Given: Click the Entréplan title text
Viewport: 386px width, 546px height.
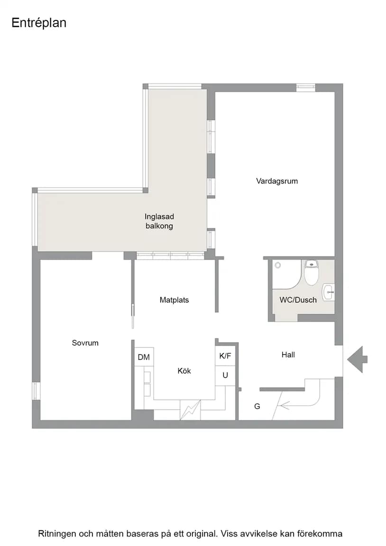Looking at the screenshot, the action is point(39,23).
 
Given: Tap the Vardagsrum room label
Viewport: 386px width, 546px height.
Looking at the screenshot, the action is point(277,181).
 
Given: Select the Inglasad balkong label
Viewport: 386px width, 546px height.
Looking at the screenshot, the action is point(159,221).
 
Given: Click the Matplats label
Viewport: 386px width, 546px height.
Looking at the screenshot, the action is point(174,300).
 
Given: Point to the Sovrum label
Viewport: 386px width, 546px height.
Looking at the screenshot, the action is point(85,343).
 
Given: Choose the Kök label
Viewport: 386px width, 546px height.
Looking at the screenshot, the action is point(184,371).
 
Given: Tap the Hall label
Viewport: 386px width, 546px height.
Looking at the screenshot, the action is point(288,355).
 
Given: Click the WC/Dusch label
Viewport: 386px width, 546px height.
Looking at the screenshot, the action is point(298,300).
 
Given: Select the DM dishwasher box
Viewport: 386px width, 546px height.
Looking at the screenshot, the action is point(144,357).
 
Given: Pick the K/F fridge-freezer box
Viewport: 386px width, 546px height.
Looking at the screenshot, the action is point(225,355).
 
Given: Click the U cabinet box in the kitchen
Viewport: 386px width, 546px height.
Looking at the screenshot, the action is point(225,375).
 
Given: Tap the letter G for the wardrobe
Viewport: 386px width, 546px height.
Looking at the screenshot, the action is point(257,406).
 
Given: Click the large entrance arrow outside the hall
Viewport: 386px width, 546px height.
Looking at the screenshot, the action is point(357,359).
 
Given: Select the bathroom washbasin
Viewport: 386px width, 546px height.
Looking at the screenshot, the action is point(329,292).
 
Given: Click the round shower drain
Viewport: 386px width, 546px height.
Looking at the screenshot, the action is point(278,265).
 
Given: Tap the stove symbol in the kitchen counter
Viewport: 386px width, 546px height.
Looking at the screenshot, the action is point(190,409).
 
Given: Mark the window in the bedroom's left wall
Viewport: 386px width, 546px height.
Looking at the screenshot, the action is point(36,391).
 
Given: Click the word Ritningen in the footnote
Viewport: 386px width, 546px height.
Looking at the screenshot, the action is point(57,534).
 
